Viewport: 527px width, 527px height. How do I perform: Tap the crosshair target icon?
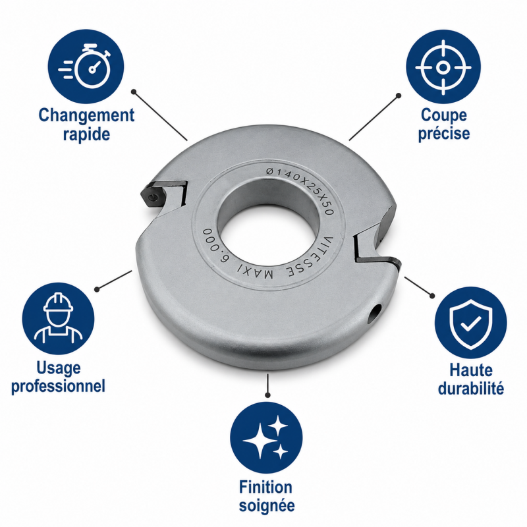443,67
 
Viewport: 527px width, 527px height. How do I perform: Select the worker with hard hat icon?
58,318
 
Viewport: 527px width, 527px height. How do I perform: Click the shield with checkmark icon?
470,323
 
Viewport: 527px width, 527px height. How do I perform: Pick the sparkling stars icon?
266,437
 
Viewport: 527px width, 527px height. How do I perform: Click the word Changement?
86,115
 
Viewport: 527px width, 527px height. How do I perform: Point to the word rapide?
87,134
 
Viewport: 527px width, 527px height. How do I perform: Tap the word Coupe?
443,115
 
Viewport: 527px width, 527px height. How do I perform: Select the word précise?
443,134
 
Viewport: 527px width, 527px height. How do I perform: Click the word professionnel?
58,386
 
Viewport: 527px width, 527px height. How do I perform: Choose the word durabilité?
471,388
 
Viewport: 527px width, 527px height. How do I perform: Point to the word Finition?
265,487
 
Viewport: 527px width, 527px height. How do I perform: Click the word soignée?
267,505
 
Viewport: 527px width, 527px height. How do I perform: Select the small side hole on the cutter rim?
375,314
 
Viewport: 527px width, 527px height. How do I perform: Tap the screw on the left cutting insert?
153,197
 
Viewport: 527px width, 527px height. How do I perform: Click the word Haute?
471,370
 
